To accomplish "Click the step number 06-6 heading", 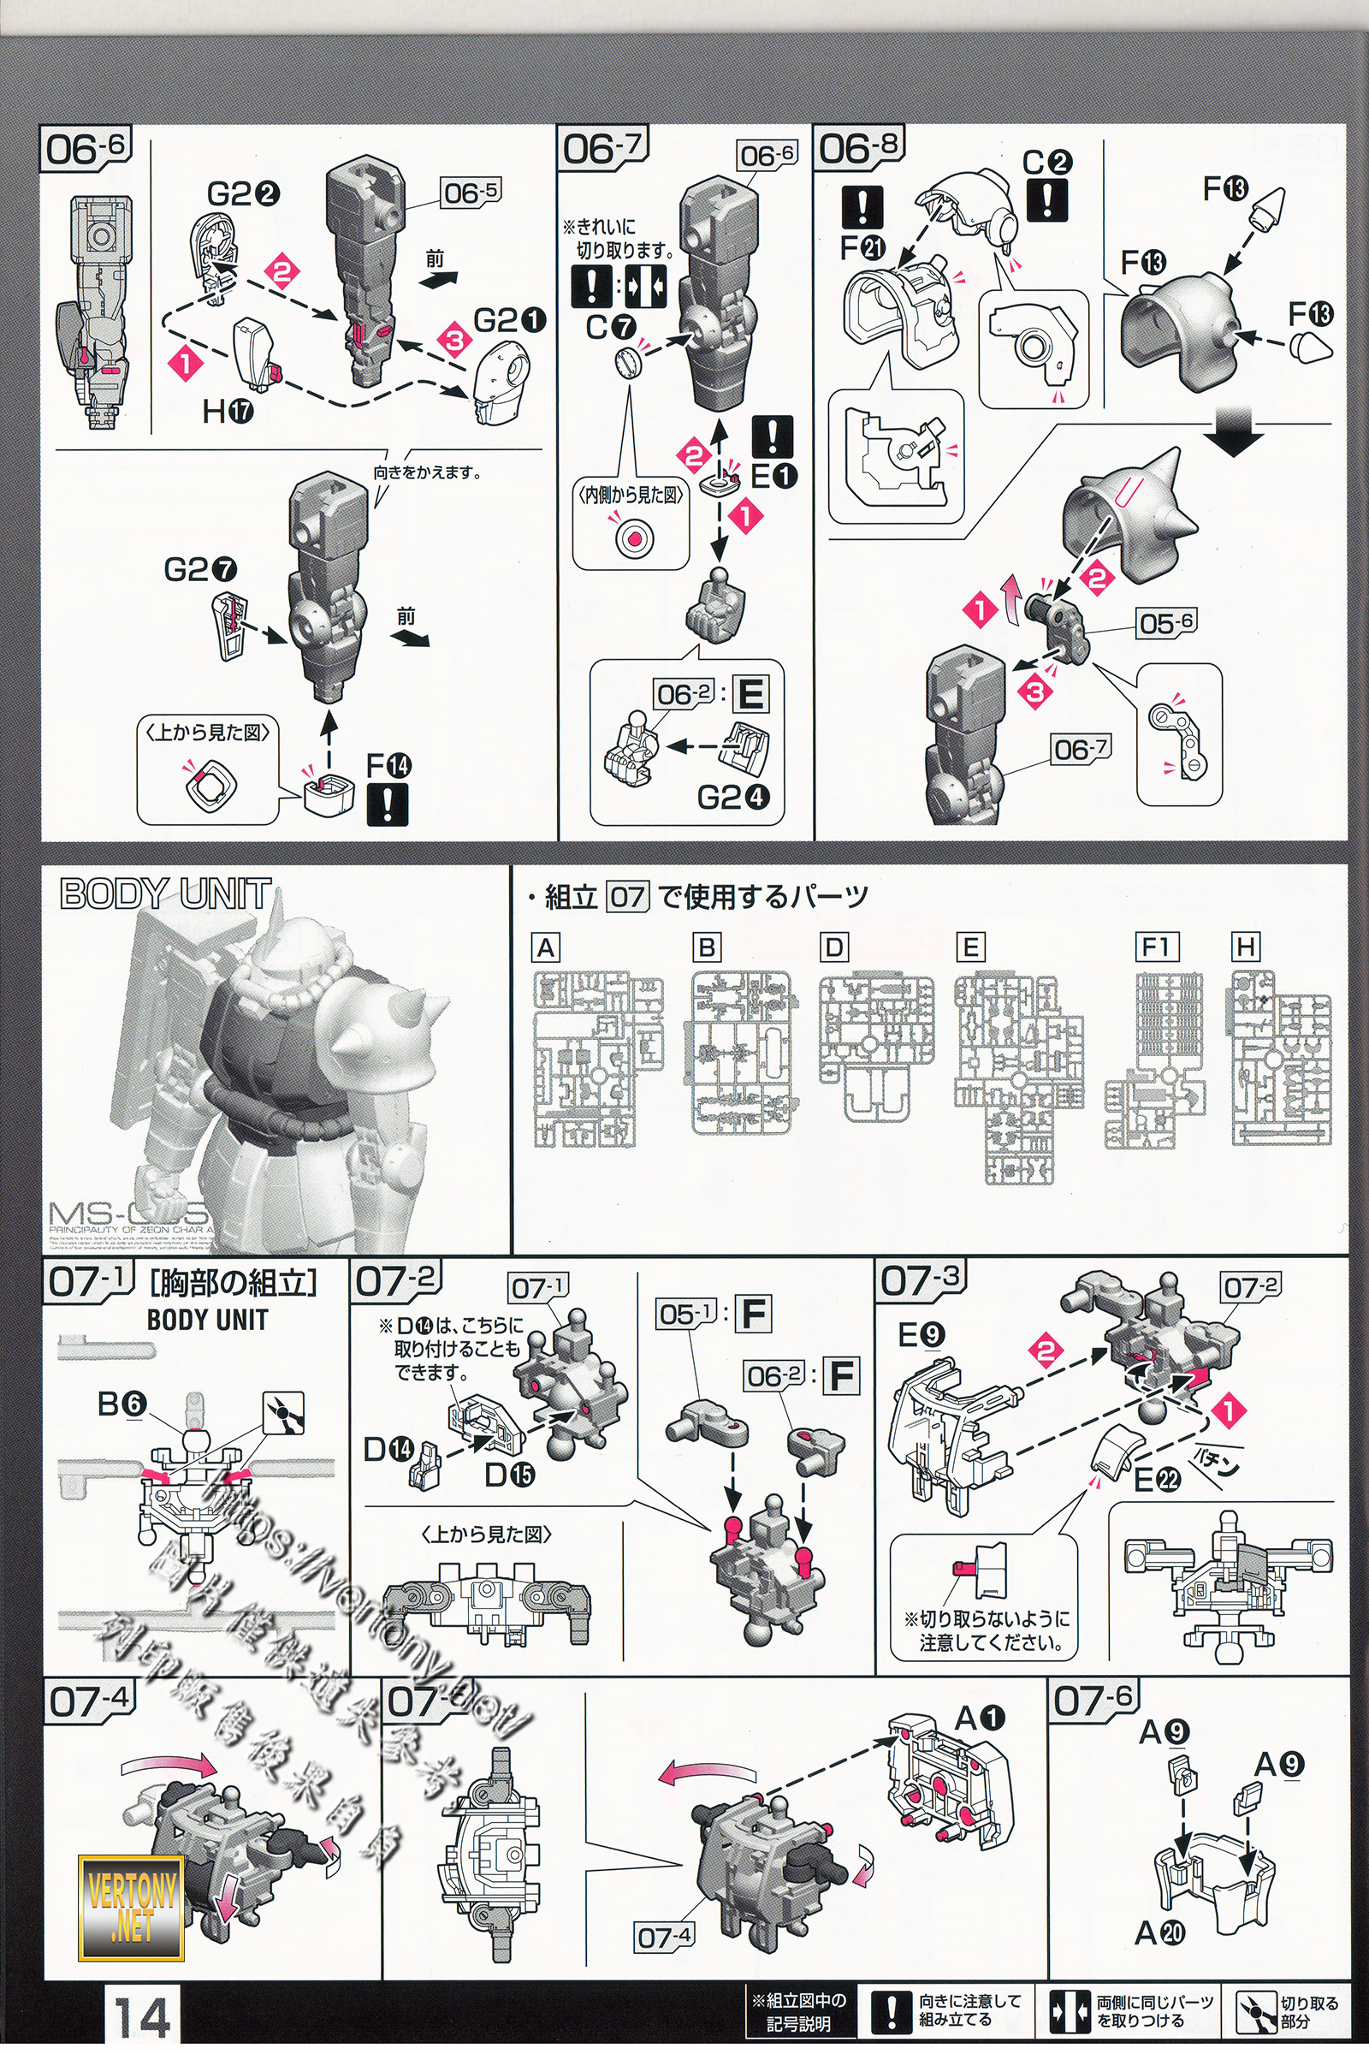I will [x=86, y=148].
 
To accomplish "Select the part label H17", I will [x=228, y=411].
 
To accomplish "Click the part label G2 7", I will [x=200, y=569].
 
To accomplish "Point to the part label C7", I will [x=610, y=328].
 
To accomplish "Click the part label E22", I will [x=1157, y=1479].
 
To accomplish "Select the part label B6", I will [x=122, y=1404].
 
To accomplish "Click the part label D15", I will [x=510, y=1475].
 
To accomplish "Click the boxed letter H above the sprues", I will [x=1245, y=947].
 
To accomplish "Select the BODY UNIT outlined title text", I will [x=165, y=893].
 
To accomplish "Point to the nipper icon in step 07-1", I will [x=285, y=1412].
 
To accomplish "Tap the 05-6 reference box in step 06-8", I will [x=1165, y=624].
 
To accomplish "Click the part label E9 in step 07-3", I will [x=922, y=1335].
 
